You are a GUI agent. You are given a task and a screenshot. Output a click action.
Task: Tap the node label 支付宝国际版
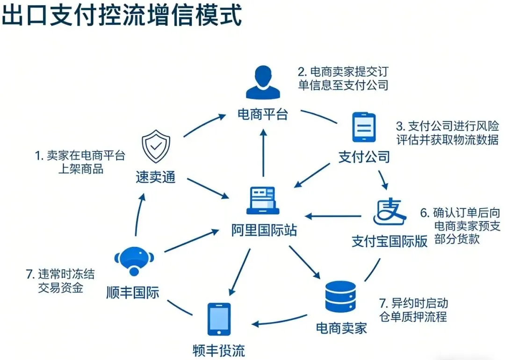coord(390,241)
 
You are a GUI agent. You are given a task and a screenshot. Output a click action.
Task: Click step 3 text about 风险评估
coord(447,133)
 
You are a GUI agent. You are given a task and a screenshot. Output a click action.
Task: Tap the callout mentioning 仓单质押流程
coord(411,310)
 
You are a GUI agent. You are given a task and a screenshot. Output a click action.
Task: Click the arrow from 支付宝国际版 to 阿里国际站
coord(334,216)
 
